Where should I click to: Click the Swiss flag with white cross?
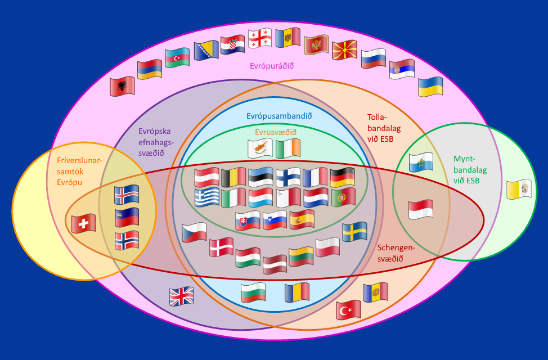[x=83, y=224]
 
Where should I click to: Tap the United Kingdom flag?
[x=181, y=296]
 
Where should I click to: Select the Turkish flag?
[x=348, y=310]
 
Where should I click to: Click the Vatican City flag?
[x=519, y=189]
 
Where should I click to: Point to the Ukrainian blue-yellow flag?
[x=430, y=86]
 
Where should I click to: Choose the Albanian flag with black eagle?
[x=122, y=86]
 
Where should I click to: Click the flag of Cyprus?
[x=260, y=148]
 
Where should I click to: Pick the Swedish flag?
[x=354, y=232]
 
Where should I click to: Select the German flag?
[x=342, y=177]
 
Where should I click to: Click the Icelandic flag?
[x=127, y=194]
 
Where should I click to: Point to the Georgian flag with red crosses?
[x=260, y=38]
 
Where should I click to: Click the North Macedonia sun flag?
[x=344, y=50]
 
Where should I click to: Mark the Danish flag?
[x=221, y=247]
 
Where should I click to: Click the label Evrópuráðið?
[x=272, y=66]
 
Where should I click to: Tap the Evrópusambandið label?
[x=279, y=116]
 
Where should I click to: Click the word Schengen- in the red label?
[x=396, y=248]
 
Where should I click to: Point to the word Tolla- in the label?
[x=377, y=117]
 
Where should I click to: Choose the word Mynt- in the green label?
[x=465, y=159]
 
